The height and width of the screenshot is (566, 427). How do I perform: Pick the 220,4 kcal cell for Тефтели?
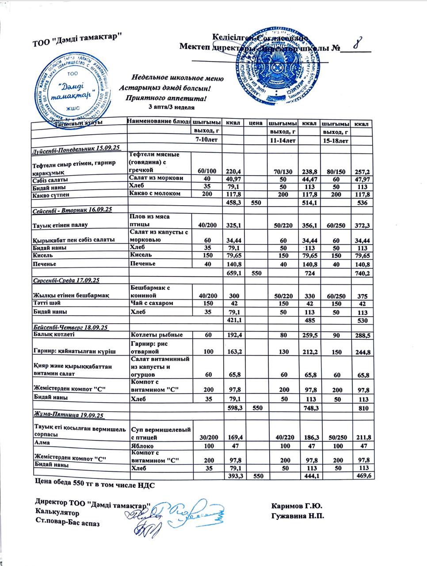click(233, 170)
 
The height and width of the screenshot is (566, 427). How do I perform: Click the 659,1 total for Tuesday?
click(233, 273)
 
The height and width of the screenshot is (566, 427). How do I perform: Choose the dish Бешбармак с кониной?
click(150, 291)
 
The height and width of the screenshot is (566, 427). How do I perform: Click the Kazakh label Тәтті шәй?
click(46, 303)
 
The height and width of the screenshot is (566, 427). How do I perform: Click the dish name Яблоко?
click(141, 446)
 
